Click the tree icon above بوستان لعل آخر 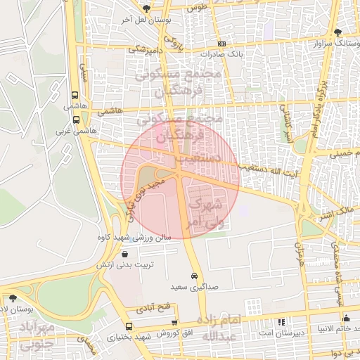[146, 9]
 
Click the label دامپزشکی [146, 50]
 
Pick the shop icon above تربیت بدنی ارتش [124, 254]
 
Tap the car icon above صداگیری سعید [193, 276]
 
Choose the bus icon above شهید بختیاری [129, 326]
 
